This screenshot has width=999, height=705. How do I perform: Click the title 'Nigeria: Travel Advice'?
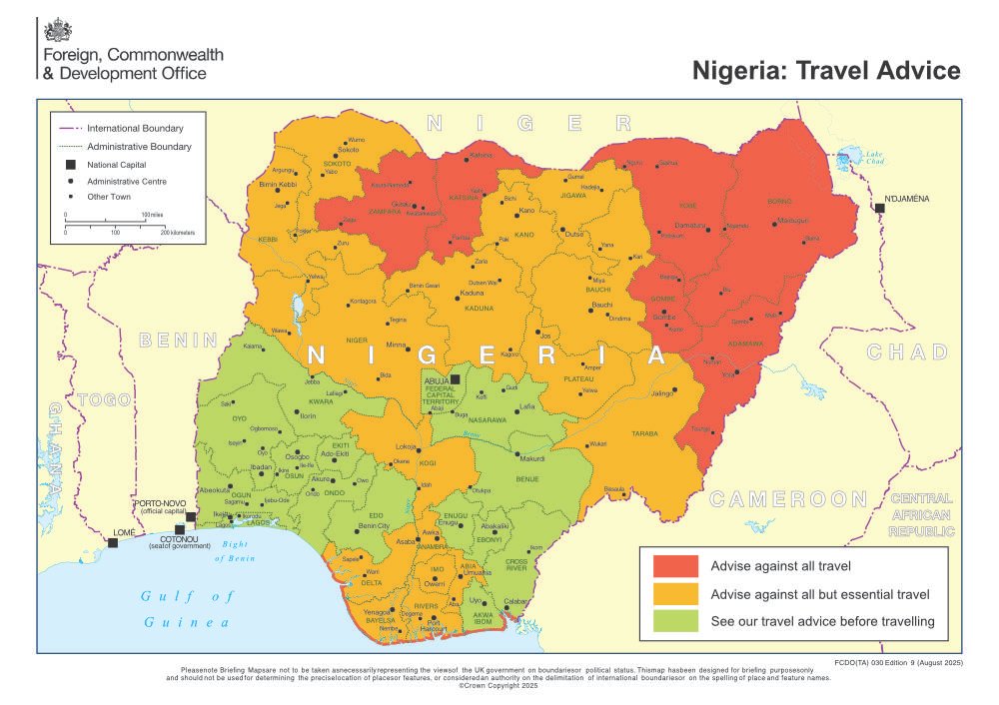pos(827,70)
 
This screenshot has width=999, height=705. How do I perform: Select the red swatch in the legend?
pos(675,566)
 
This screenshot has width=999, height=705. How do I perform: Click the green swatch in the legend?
pos(675,621)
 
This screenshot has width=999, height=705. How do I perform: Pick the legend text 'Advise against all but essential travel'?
pos(820,594)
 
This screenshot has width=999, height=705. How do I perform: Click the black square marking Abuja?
pos(455,379)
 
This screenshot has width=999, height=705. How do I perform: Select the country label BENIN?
pos(179,340)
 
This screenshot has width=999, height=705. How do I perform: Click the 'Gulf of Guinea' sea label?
pos(187,608)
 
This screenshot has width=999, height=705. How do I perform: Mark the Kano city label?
pos(526,211)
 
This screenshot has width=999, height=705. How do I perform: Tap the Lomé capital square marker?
pos(113,542)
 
